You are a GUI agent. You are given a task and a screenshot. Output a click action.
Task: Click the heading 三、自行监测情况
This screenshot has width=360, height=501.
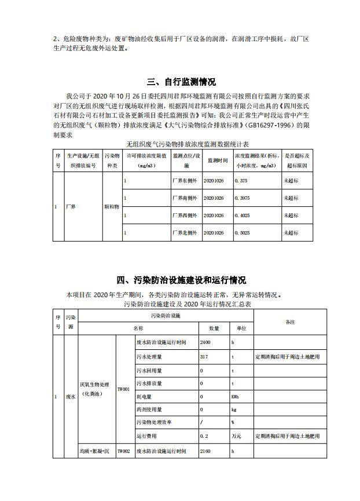[180, 82]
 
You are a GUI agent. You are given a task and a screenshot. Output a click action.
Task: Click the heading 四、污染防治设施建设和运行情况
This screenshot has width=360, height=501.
[180, 281]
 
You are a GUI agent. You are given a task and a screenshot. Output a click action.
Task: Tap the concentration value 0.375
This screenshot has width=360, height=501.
[242, 181]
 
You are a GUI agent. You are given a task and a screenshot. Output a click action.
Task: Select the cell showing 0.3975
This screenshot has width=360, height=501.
[243, 198]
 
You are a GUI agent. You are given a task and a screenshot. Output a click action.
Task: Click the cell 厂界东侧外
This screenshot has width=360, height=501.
[185, 181]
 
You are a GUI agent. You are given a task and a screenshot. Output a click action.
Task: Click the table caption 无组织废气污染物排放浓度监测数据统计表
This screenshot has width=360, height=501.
[180, 142]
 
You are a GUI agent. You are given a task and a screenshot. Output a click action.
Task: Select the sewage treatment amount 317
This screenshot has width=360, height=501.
[204, 357]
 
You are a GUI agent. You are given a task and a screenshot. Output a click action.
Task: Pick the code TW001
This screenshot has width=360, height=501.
[124, 390]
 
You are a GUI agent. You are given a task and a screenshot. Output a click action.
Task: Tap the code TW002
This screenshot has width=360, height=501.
[124, 450]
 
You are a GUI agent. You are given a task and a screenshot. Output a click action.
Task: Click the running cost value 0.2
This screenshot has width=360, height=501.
[204, 436]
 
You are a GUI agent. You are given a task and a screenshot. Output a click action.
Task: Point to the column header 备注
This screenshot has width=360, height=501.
[290, 321]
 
